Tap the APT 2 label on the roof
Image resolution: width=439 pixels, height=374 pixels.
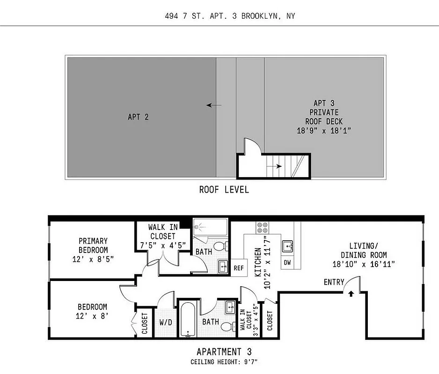[138, 117]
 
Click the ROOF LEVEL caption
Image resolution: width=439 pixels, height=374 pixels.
[224, 189]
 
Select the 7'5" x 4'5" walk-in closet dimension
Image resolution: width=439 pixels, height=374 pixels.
[162, 245]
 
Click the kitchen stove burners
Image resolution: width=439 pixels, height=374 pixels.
[262, 227]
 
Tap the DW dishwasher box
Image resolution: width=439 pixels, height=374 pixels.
[287, 263]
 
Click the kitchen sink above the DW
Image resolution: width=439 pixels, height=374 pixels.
[287, 246]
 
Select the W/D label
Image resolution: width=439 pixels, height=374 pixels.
[165, 322]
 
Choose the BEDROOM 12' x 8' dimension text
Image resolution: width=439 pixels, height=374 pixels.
[92, 316]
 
